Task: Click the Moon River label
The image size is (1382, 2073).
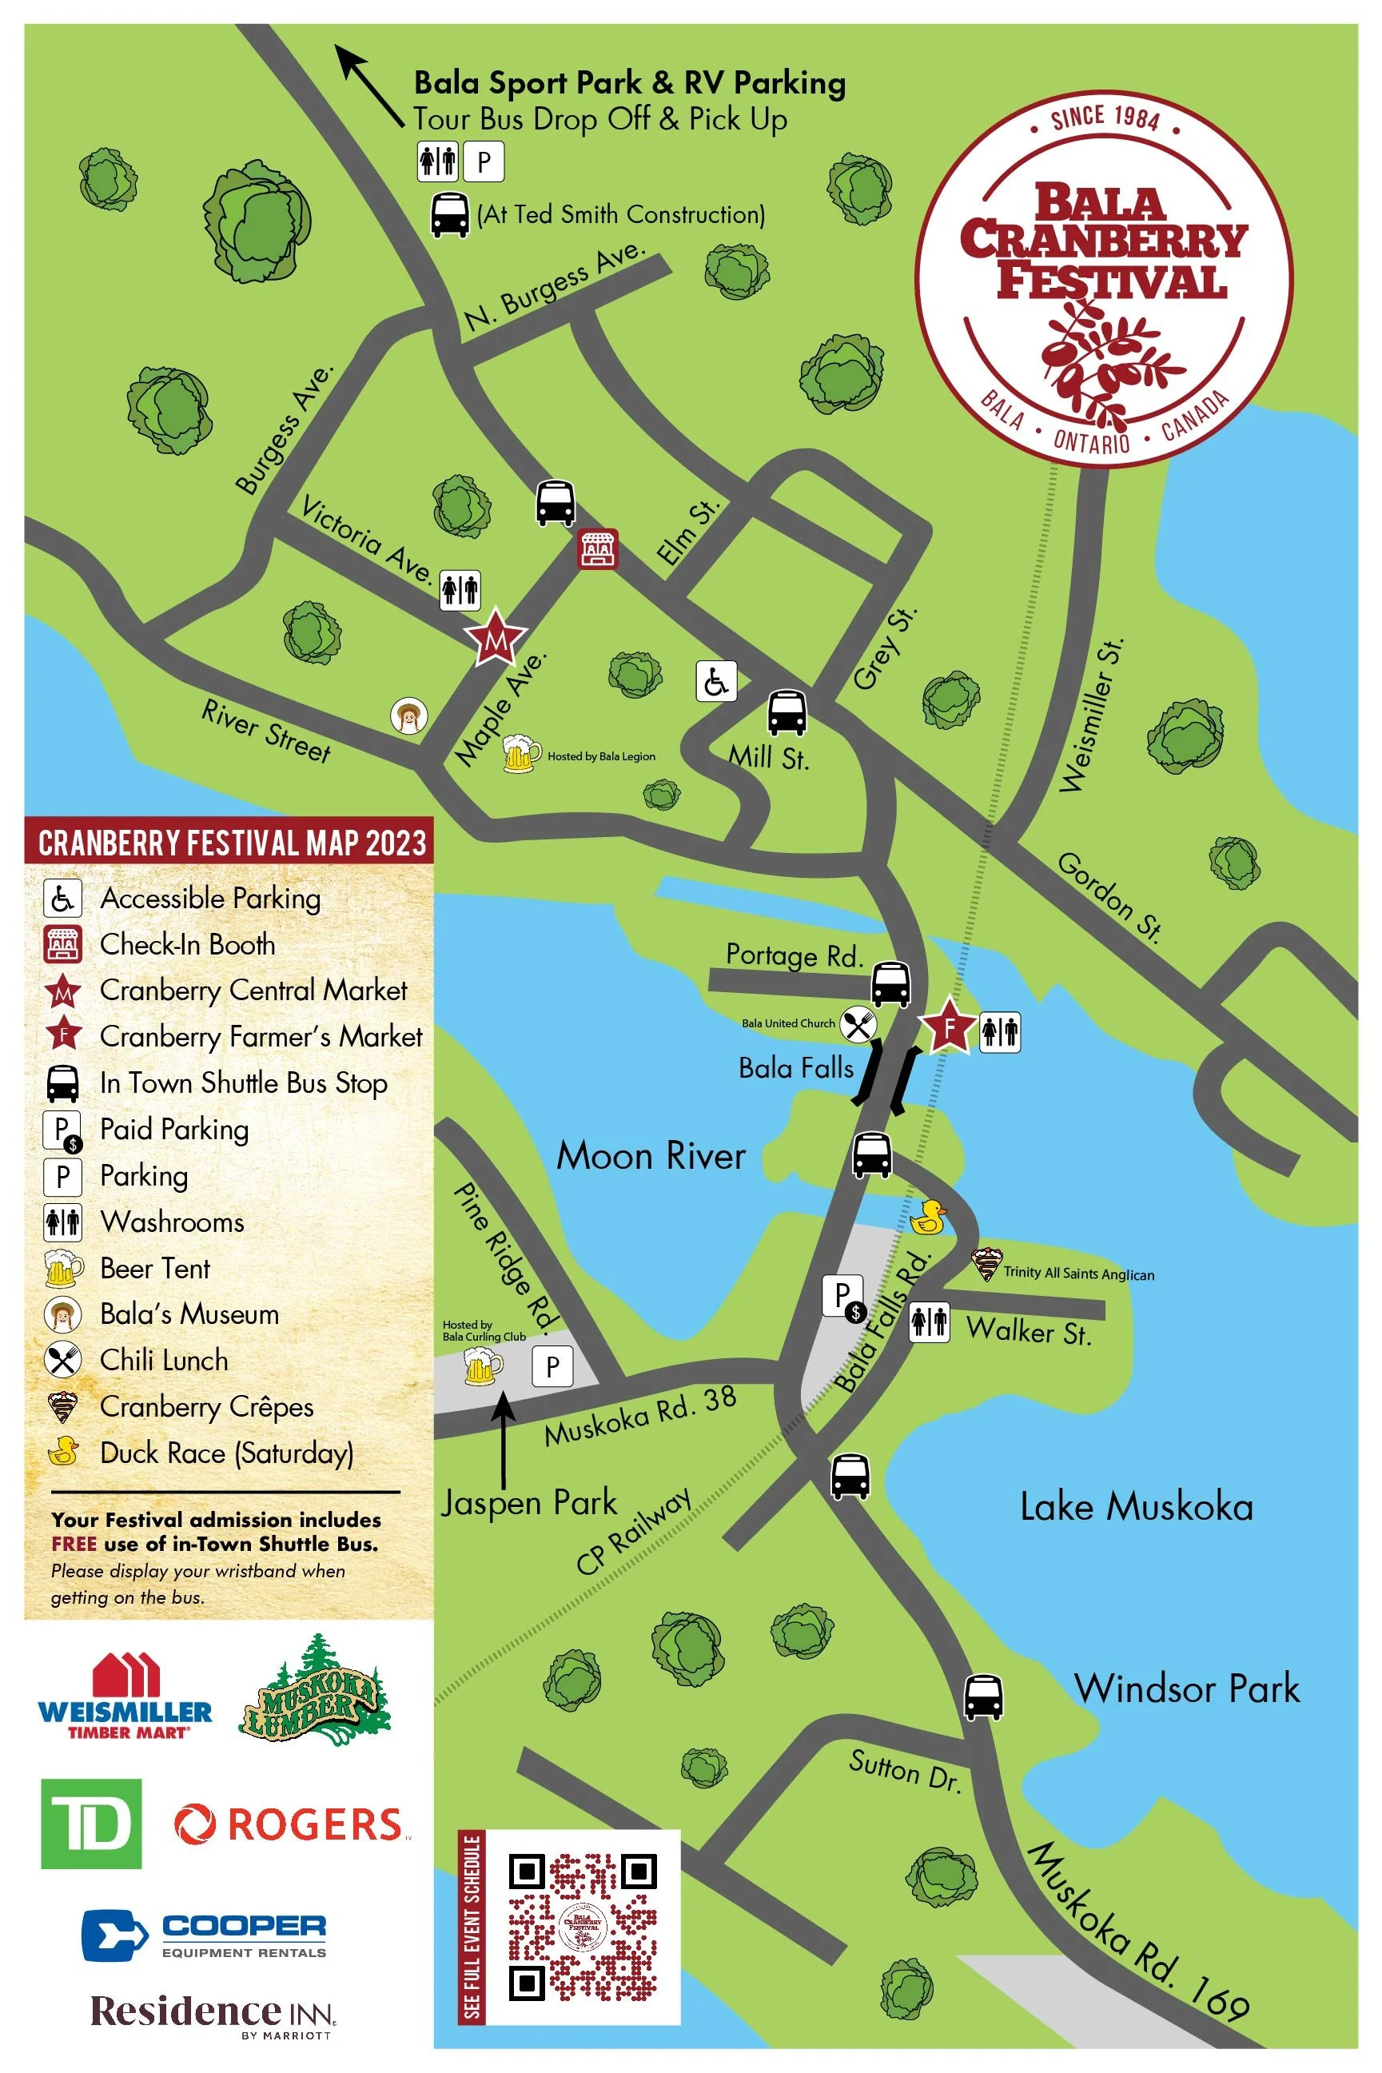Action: tap(651, 1155)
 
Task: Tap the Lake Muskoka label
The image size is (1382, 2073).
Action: tap(1135, 1506)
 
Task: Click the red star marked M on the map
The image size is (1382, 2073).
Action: tap(496, 638)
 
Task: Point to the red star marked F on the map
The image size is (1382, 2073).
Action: tap(948, 1026)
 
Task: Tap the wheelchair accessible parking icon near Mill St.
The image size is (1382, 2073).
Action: tap(715, 681)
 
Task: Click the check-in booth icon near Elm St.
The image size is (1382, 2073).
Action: tap(597, 548)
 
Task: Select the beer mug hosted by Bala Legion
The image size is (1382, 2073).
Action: tap(520, 755)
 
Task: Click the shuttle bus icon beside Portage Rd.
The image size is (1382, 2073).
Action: tap(890, 983)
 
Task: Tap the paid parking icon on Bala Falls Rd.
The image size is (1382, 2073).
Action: tap(844, 1298)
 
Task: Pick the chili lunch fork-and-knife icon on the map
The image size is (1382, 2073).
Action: tap(857, 1024)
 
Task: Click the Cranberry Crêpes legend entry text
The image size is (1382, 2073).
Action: tap(206, 1407)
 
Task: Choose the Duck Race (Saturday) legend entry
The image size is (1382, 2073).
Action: tap(226, 1453)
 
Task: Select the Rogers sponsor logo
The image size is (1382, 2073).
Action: tap(292, 1824)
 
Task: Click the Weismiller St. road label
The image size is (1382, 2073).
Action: tap(1091, 716)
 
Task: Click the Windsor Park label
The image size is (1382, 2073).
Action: tap(1186, 1688)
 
